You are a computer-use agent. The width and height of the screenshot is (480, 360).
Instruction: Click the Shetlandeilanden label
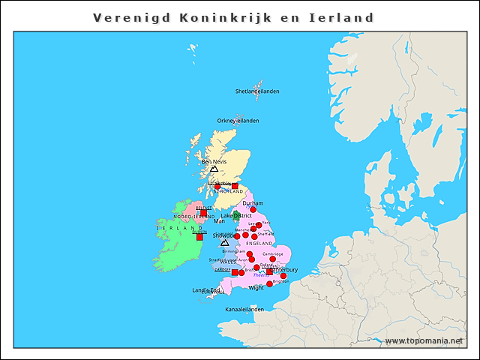[257, 91]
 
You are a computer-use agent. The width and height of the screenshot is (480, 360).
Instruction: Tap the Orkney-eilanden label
[238, 120]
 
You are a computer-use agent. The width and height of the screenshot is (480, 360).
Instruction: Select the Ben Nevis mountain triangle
[214, 169]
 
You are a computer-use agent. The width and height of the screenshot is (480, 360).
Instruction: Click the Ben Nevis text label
[214, 161]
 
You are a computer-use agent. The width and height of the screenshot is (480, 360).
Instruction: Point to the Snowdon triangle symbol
[224, 243]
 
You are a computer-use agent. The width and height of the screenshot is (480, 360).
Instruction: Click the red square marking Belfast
[203, 213]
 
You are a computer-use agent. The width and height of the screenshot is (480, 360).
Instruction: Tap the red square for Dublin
[199, 237]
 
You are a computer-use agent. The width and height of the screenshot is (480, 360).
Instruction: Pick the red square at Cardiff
[235, 272]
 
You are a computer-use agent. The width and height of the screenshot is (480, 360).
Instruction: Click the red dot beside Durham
[253, 210]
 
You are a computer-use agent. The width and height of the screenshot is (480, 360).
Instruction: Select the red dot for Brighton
[283, 276]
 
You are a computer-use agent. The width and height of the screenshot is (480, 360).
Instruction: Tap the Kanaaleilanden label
[244, 309]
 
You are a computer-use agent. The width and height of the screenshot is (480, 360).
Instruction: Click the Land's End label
[205, 290]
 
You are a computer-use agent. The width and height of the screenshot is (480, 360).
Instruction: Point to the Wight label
[256, 287]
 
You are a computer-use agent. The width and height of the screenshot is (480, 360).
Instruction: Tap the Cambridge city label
[273, 253]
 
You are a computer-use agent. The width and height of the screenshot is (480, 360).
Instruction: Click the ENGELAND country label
[259, 244]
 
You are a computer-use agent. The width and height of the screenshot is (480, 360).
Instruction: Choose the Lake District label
[236, 215]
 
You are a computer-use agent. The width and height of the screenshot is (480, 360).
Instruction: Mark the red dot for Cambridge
[272, 259]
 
